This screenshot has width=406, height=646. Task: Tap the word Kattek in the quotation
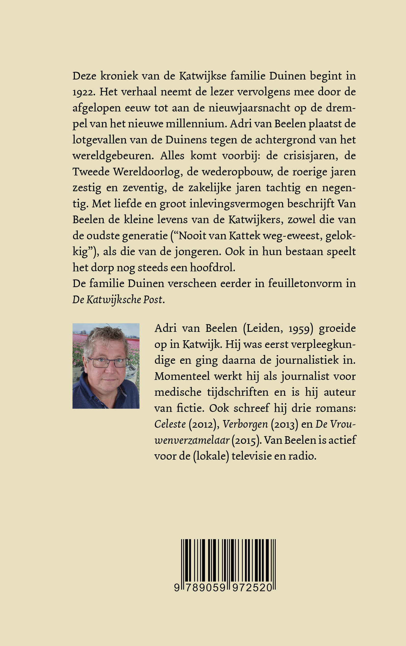click(x=244, y=236)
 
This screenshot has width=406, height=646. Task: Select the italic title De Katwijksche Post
click(x=118, y=300)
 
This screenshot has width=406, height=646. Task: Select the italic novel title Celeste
click(x=170, y=424)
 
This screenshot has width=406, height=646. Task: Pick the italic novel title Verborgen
click(x=245, y=424)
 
